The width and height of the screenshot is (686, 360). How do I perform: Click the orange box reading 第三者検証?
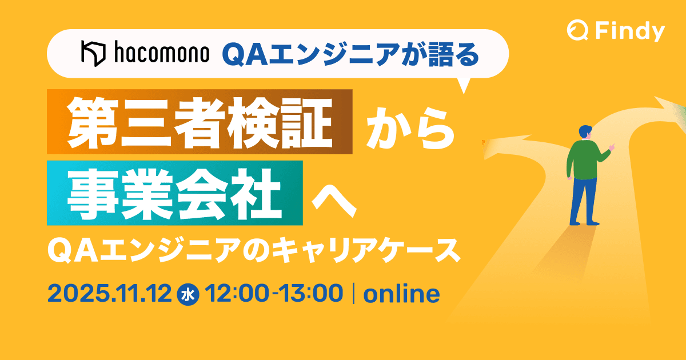(200, 122)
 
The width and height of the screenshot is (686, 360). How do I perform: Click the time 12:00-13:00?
(273, 294)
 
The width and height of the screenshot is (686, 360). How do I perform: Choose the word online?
(401, 294)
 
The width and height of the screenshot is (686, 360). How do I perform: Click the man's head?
(585, 132)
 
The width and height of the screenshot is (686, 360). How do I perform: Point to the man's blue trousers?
(583, 200)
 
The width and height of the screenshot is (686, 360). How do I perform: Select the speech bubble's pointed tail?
(464, 86)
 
